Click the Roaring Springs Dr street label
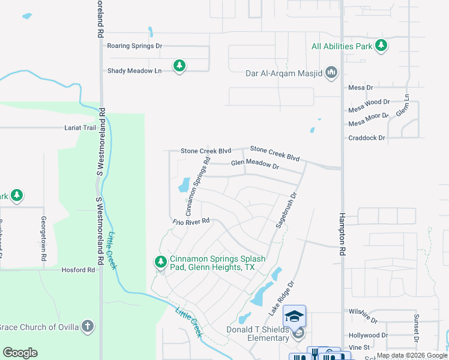point(134,46)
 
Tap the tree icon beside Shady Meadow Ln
point(179,66)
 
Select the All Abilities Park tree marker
point(381,46)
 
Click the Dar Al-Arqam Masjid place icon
point(331,73)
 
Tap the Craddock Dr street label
point(366,138)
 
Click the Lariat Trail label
point(80,128)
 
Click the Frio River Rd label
point(191,221)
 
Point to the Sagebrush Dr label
point(286,209)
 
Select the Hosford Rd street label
point(78,270)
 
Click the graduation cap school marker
point(294,316)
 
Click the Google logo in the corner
point(20,353)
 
